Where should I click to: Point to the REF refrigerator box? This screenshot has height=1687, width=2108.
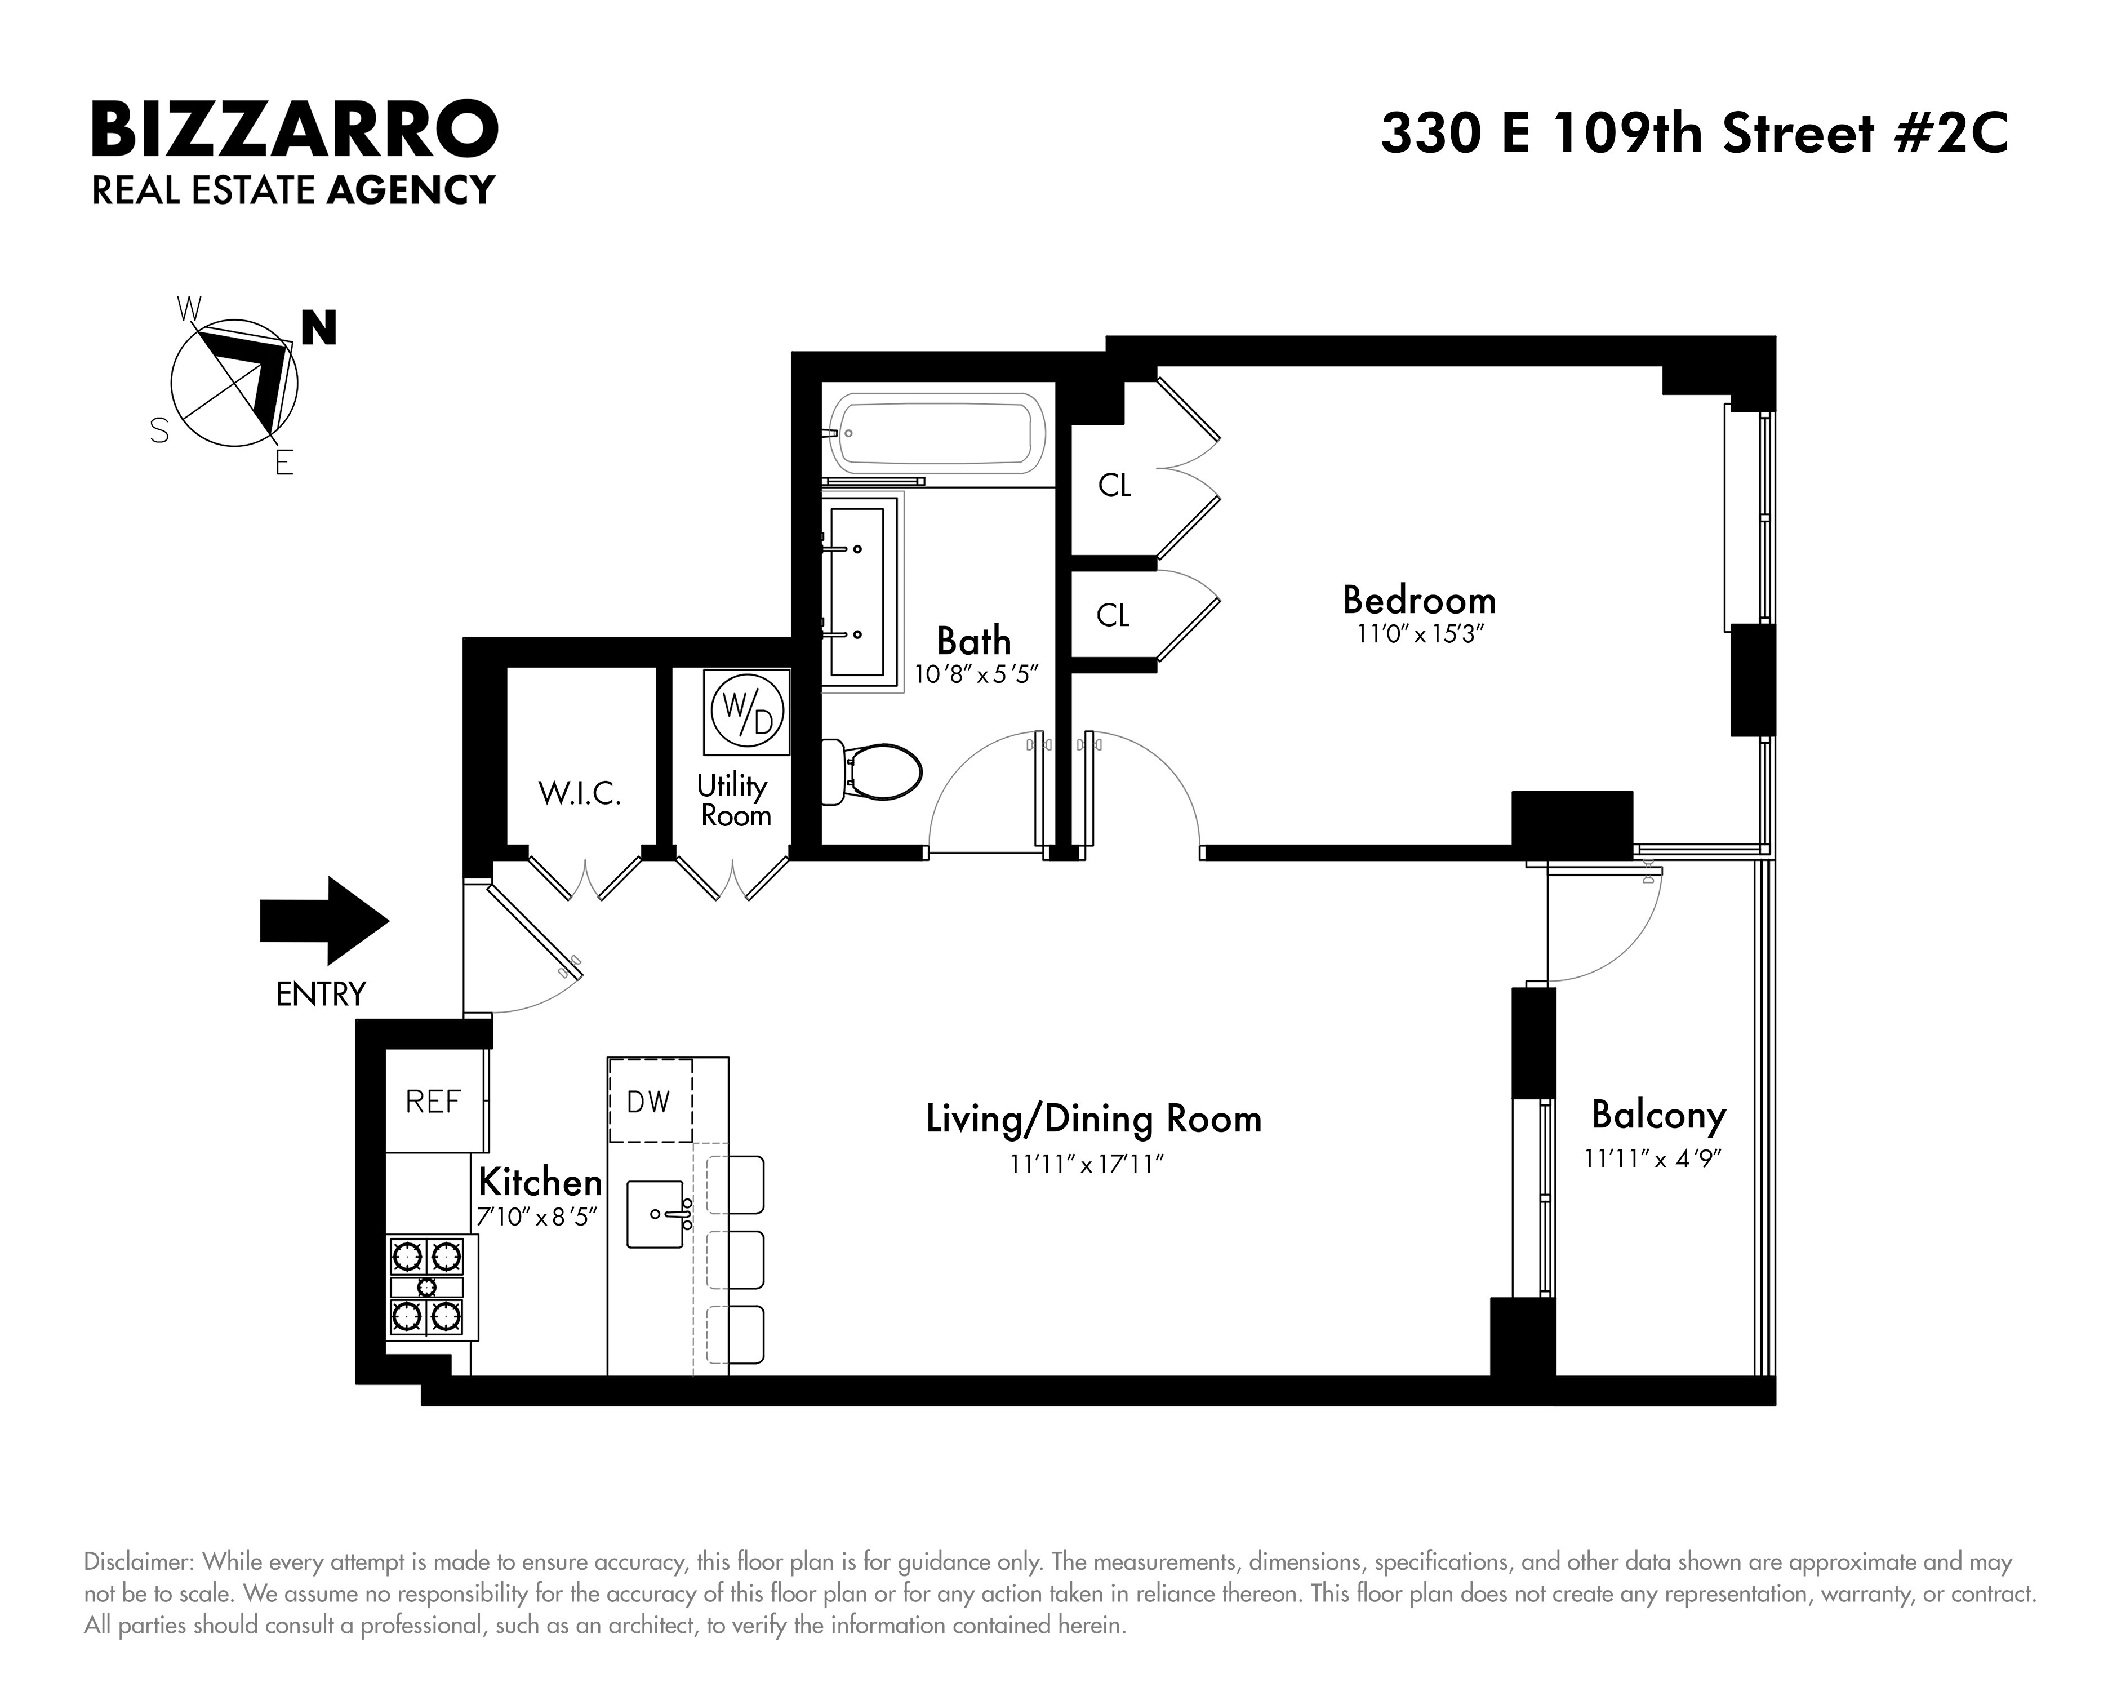click(433, 1101)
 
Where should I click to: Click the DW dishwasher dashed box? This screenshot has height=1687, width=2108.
click(649, 1101)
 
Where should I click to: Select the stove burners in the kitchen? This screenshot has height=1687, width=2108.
click(426, 1285)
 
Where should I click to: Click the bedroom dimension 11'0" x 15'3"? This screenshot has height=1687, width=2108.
click(1420, 634)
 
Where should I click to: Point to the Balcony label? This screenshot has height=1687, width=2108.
click(1658, 1114)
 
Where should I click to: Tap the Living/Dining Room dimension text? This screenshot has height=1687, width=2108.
click(1088, 1164)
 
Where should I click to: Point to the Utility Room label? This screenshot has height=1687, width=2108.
click(733, 800)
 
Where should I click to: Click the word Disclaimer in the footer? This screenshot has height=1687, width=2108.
click(137, 1561)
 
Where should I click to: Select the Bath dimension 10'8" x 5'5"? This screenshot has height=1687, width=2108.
click(975, 675)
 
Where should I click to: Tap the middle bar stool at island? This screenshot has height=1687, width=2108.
click(735, 1260)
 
